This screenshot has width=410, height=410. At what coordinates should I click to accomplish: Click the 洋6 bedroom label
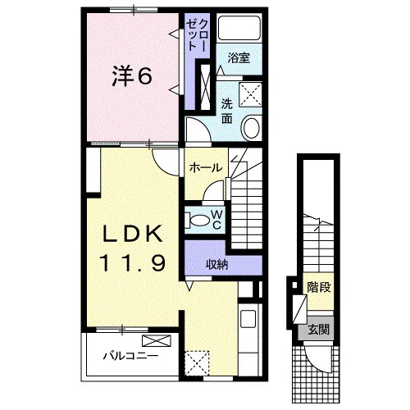point(132,76)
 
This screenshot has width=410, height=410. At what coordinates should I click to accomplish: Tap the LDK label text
point(132,234)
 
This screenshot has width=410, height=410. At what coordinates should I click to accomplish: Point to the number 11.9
point(133,263)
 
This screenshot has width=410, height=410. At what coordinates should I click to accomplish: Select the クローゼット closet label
point(197,35)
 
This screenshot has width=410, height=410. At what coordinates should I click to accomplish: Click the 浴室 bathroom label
point(239,58)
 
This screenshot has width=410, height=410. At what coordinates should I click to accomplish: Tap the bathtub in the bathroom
point(239,28)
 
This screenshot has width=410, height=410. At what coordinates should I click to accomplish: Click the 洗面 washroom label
point(227,111)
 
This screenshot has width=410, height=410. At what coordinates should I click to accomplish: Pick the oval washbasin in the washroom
point(251,127)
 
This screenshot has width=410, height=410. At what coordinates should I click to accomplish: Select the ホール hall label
point(206,167)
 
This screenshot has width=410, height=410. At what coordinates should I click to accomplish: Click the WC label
point(216,219)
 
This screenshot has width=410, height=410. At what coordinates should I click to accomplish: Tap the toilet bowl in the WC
point(198,220)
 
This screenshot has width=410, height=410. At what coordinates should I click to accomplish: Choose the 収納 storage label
point(216,265)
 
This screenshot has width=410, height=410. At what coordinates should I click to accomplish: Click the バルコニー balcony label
point(130,356)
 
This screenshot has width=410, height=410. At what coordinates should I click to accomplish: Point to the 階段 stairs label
point(319,287)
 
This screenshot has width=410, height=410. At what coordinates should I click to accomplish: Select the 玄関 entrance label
point(318,330)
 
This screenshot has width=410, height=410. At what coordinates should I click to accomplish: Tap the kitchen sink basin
point(248,319)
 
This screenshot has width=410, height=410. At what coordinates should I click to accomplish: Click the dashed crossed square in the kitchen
point(197,363)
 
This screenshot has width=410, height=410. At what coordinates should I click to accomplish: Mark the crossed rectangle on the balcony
point(157,341)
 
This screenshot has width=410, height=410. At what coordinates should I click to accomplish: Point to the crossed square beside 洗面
point(250,94)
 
